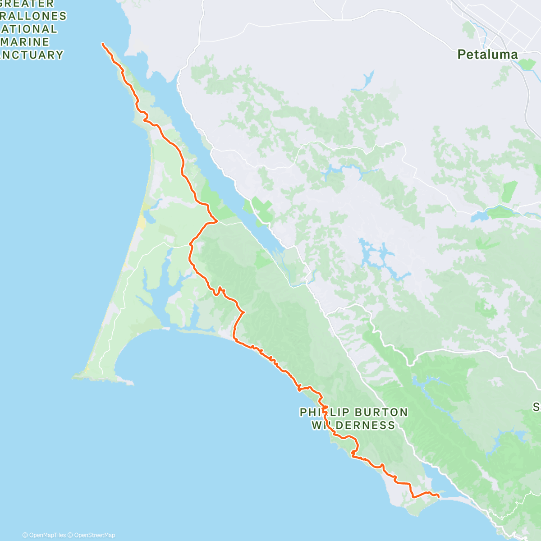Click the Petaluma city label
[x=487, y=55]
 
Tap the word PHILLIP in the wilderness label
[x=325, y=412]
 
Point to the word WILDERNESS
[x=353, y=425]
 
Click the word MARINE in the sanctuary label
[x=25, y=42]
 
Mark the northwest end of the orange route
[x=102, y=43]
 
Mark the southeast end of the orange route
[x=439, y=496]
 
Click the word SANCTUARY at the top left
[x=32, y=55]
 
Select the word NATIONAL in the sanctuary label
[x=28, y=29]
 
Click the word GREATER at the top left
[x=27, y=4]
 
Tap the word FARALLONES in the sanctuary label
[x=34, y=16]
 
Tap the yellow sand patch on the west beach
[x=142, y=221]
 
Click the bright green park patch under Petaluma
[x=526, y=64]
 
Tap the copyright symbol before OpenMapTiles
[x=25, y=535]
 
